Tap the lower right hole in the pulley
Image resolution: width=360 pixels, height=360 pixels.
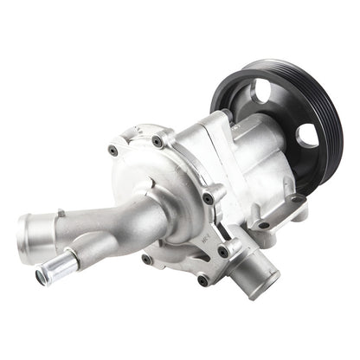tap(307, 136)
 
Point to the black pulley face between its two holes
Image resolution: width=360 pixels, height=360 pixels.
tap(289, 108)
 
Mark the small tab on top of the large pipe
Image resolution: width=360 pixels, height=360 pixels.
tap(60, 213)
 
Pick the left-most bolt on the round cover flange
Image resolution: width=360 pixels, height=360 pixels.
tap(112, 151)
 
